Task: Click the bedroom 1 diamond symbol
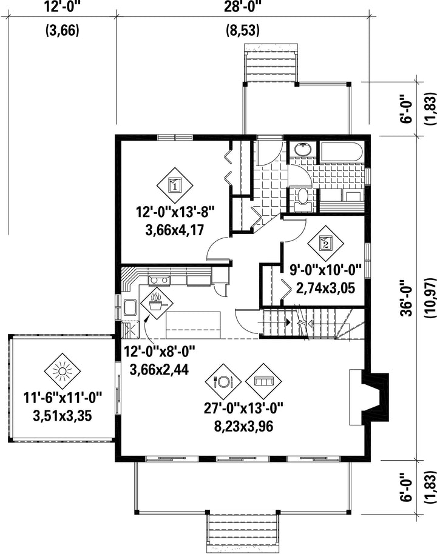point(175,185)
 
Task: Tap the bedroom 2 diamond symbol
point(325,244)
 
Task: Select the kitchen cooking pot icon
point(157,304)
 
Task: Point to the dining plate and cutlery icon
point(223,381)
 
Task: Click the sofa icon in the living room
point(263,381)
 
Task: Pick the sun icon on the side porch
point(63,372)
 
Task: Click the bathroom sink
point(303,150)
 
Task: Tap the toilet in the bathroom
point(302,196)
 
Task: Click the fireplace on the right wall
point(370,397)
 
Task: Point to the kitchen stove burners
point(160,281)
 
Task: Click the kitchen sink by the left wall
point(130,307)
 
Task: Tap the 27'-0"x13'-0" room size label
point(243,409)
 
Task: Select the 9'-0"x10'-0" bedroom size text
point(325,270)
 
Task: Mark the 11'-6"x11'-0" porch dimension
point(63,398)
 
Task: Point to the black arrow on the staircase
point(288,322)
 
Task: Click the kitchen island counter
point(193,325)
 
